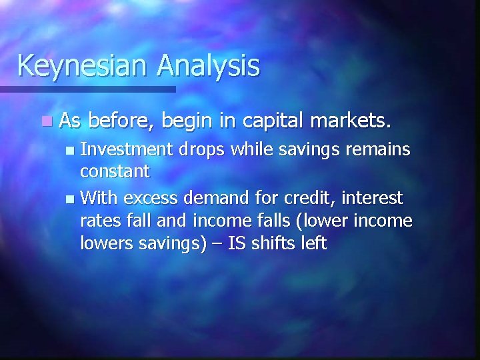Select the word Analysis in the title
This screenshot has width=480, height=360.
click(x=208, y=65)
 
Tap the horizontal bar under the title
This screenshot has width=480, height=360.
click(x=87, y=89)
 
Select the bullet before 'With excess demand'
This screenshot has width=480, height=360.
click(x=71, y=199)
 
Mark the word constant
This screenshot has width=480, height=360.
click(x=115, y=172)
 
